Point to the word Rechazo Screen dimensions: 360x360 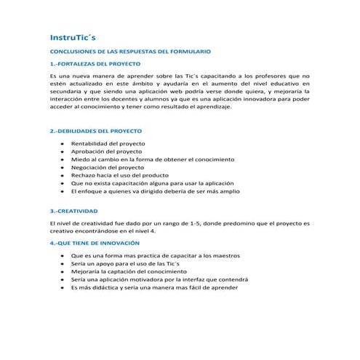click(x=83, y=175)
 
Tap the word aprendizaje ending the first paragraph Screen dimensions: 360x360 click(x=210, y=106)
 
